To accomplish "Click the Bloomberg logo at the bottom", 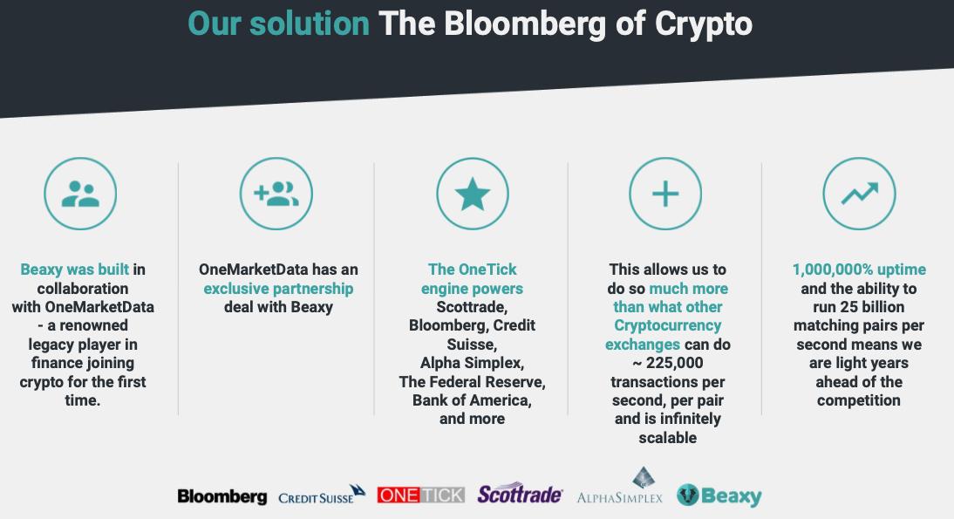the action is pyautogui.click(x=222, y=496).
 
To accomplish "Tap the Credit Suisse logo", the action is pyautogui.click(x=322, y=495).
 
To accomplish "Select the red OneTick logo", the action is pyautogui.click(x=421, y=495).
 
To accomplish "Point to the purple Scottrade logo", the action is pyautogui.click(x=521, y=494).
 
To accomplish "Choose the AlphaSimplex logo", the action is pyautogui.click(x=620, y=486).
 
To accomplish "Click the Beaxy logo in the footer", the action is pyautogui.click(x=719, y=495).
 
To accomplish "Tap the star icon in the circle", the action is pyautogui.click(x=472, y=195).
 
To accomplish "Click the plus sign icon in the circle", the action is pyautogui.click(x=665, y=195).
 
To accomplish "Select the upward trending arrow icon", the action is pyautogui.click(x=860, y=194).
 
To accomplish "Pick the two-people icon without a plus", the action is pyautogui.click(x=80, y=195).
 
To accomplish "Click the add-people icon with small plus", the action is pyautogui.click(x=276, y=195).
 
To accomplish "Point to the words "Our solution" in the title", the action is pyautogui.click(x=279, y=24).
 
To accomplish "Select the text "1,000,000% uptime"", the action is pyautogui.click(x=859, y=270).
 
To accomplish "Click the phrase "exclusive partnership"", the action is pyautogui.click(x=278, y=289).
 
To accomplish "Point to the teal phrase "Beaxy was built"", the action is pyautogui.click(x=74, y=270).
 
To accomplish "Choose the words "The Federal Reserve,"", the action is pyautogui.click(x=472, y=382).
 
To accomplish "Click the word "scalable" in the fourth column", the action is pyautogui.click(x=667, y=438).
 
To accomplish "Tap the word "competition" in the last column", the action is pyautogui.click(x=858, y=401).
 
